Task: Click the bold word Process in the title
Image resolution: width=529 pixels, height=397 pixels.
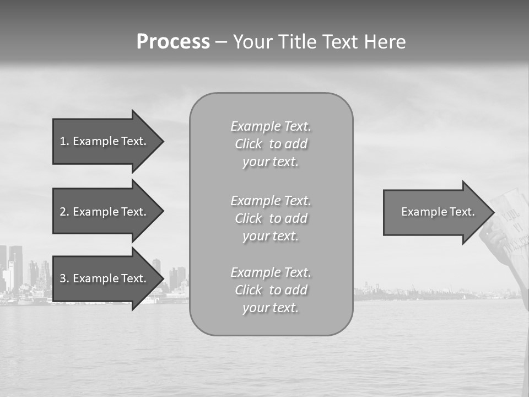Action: pyautogui.click(x=173, y=42)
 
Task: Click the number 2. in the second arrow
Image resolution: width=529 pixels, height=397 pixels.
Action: pyautogui.click(x=64, y=212)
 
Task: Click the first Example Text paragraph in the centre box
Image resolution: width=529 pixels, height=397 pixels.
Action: pyautogui.click(x=271, y=144)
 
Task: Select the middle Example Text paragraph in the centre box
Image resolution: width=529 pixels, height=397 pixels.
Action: pyautogui.click(x=271, y=218)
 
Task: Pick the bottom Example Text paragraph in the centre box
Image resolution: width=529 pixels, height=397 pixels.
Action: pyautogui.click(x=271, y=290)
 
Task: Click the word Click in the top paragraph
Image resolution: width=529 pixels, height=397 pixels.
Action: pyautogui.click(x=249, y=144)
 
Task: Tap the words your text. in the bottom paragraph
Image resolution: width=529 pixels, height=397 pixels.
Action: pyautogui.click(x=271, y=308)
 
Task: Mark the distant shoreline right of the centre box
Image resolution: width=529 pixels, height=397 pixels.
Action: pyautogui.click(x=419, y=293)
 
